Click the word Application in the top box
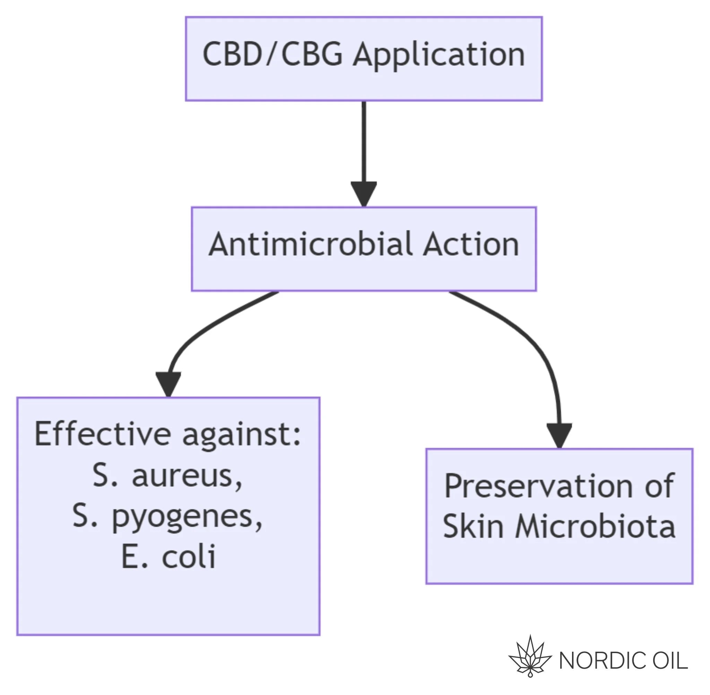tap(439, 55)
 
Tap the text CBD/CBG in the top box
tap(272, 54)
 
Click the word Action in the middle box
tap(471, 244)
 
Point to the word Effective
tap(103, 434)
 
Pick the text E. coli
tap(168, 556)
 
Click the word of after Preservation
tap(660, 486)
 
